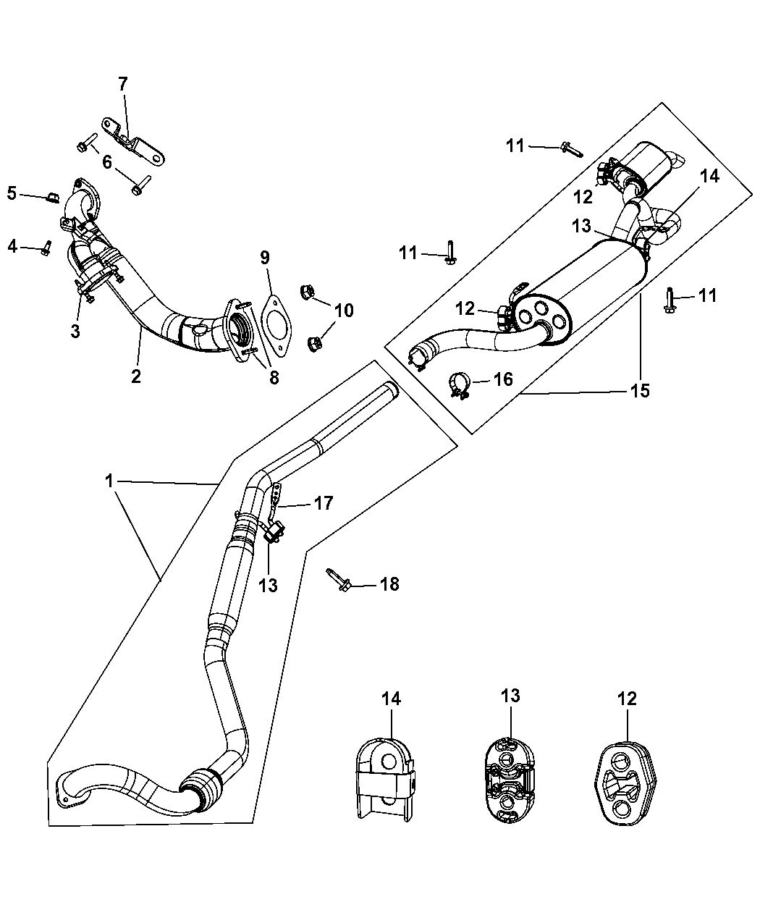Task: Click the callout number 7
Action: [x=122, y=84]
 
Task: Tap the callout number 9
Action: [x=265, y=257]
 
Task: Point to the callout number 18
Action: [x=389, y=583]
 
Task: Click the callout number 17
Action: [x=324, y=502]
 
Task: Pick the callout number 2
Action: [x=136, y=376]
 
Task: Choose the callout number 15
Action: [x=640, y=391]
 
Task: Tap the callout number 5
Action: [x=12, y=193]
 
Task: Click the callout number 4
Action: [x=12, y=246]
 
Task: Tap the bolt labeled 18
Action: [x=339, y=579]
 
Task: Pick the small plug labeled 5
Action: [x=53, y=196]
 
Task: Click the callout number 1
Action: [x=109, y=480]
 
